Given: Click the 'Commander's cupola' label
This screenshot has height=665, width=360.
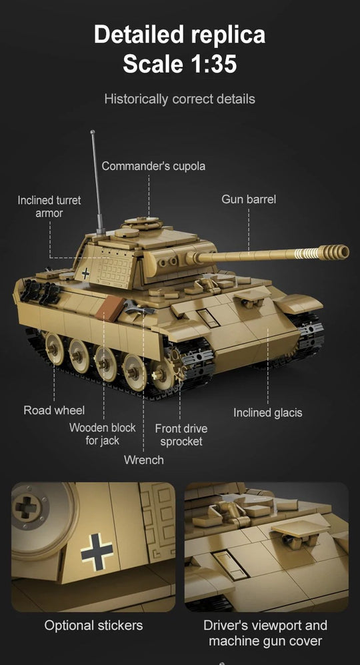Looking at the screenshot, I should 153,166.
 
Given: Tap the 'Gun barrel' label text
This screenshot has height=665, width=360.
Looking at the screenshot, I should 248,199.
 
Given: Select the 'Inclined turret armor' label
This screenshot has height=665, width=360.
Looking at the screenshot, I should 49,207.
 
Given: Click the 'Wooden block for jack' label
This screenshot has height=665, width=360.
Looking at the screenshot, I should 102,434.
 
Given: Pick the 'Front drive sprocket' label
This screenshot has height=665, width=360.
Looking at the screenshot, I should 181,435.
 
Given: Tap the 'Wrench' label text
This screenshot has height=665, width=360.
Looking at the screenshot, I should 143,460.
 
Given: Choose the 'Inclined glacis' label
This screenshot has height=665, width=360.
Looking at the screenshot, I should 267,413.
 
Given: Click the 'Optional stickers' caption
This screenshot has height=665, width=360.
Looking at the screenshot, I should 93,626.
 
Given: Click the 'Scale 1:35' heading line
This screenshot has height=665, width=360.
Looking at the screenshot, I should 179,64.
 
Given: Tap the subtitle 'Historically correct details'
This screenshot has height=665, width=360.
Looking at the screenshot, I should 179,99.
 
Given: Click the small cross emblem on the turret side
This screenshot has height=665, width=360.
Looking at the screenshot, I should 85,273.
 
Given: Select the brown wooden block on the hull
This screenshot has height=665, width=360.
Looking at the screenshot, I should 109,309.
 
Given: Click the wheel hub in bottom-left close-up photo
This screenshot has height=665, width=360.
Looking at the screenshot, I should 27,508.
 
